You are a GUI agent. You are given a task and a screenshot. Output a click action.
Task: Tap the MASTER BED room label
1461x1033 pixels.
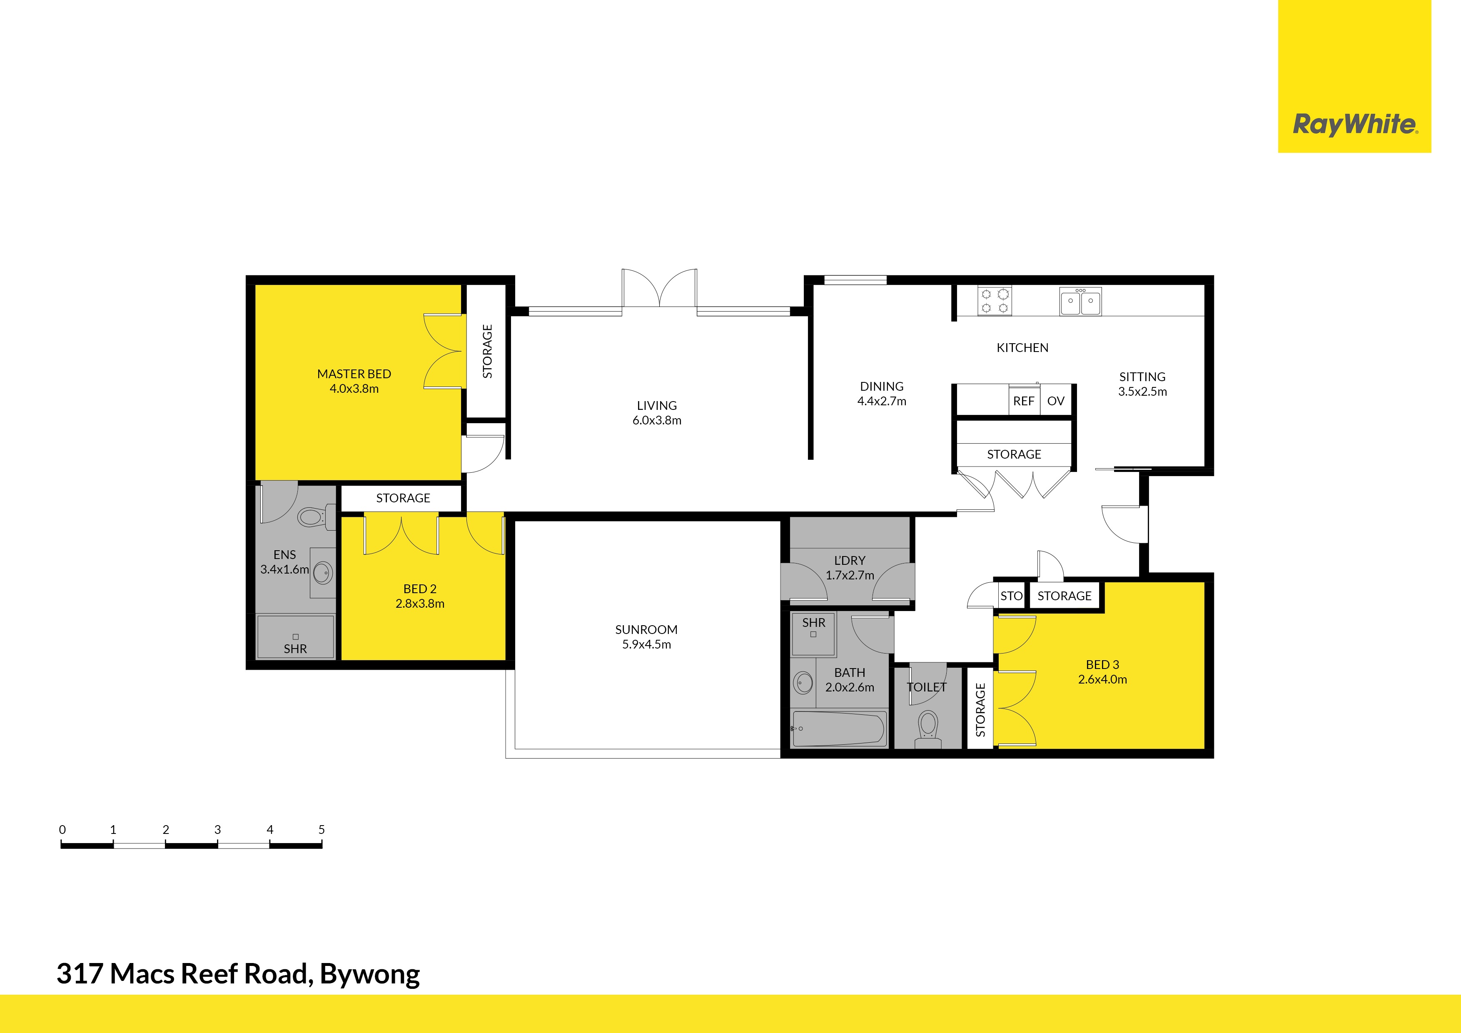point(354,374)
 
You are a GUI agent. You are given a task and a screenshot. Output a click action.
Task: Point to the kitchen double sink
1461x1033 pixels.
point(1080,302)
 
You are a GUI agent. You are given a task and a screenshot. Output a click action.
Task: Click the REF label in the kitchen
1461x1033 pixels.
point(1023,402)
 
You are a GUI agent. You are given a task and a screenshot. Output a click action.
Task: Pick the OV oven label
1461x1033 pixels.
point(1056,402)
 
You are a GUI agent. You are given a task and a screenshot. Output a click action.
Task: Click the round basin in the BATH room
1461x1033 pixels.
point(803,684)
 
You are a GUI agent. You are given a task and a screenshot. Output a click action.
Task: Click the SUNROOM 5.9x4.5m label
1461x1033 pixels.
point(646,636)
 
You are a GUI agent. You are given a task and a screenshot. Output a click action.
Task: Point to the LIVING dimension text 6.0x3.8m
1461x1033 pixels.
point(657,421)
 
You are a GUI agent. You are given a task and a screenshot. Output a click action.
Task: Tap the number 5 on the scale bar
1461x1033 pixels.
point(322,829)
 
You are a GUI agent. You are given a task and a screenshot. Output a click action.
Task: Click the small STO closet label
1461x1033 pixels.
point(1011,596)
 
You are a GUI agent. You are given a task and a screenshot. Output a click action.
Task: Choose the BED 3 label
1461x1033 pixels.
point(1102,664)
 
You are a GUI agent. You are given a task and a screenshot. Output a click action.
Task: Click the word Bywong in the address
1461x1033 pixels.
point(370,974)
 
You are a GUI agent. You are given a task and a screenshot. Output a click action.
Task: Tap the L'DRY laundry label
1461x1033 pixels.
point(850,561)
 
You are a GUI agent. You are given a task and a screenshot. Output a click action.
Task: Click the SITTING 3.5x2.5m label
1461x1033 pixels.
point(1142,384)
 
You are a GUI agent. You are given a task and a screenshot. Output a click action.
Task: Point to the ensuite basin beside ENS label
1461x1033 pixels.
point(323,573)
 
